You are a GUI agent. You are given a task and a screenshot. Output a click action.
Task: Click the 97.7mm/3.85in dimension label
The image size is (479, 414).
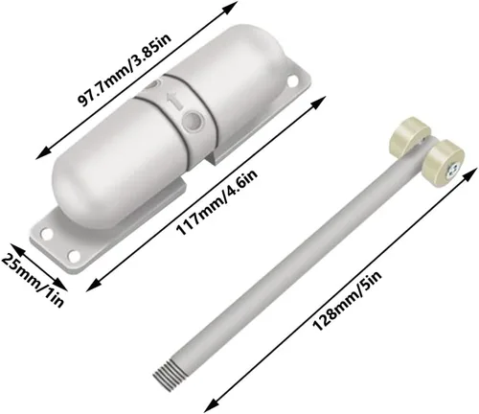tap(125, 70)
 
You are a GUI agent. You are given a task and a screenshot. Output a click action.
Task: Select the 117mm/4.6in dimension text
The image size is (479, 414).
tap(217, 202)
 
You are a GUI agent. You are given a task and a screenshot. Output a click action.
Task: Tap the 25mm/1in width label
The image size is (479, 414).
tap(32, 281)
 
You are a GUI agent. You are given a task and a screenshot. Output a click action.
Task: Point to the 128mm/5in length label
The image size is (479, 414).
tap(347, 301)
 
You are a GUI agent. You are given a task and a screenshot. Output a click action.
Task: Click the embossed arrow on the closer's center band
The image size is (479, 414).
tap(174, 101)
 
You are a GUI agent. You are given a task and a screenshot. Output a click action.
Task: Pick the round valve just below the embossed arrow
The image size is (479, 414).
tap(193, 121)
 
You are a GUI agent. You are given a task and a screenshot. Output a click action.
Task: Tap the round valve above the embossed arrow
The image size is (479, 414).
tap(152, 85)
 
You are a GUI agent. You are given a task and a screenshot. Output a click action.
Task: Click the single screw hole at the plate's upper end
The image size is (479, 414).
tap(292, 80)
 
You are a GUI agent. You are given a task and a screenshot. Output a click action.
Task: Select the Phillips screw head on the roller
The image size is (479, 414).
tap(452, 171)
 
